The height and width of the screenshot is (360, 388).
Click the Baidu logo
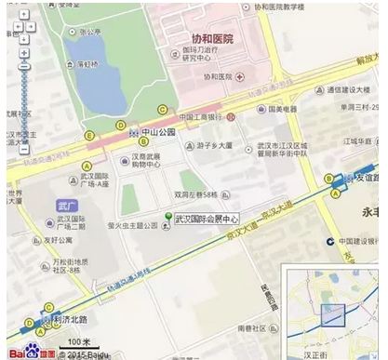[x=23, y=351]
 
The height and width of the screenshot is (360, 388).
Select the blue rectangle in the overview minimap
[x=333, y=313]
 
